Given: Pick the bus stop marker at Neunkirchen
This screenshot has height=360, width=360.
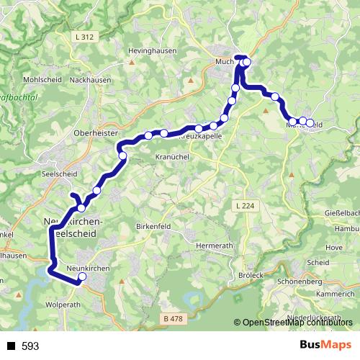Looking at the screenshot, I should [81, 276].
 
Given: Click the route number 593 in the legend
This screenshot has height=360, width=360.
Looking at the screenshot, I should [30, 346].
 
